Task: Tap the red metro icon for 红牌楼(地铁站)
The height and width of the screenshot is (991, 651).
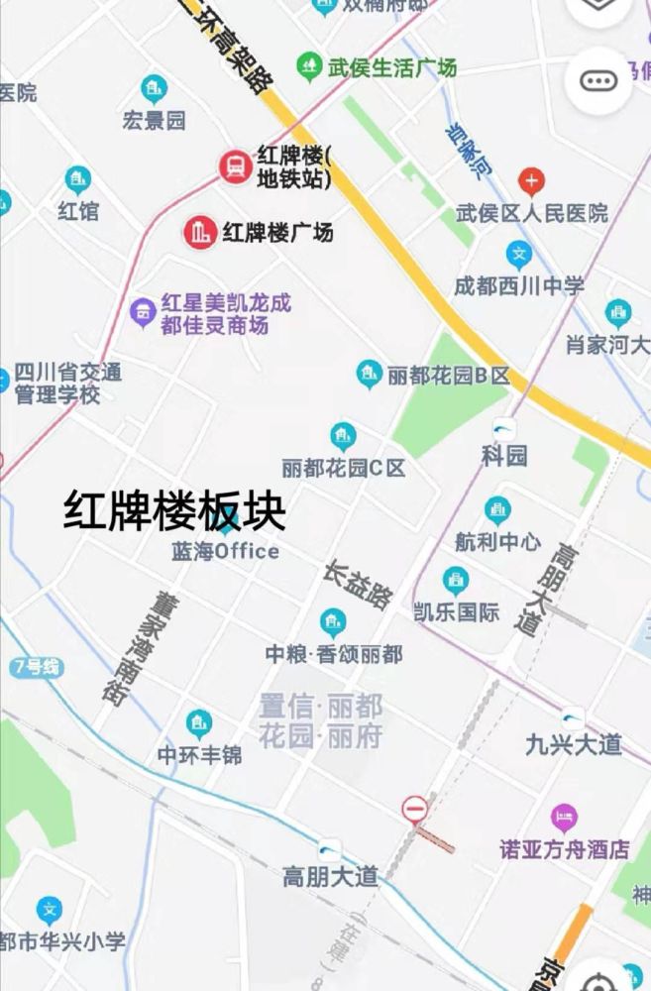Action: pyautogui.click(x=236, y=166)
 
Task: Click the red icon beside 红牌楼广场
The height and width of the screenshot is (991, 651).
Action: pyautogui.click(x=200, y=233)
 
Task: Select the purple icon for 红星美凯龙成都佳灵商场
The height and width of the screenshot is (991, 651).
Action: pyautogui.click(x=144, y=313)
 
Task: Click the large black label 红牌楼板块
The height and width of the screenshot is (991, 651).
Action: pyautogui.click(x=174, y=511)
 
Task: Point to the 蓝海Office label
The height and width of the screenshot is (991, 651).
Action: pyautogui.click(x=226, y=551)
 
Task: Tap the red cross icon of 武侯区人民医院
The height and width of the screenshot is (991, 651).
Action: pyautogui.click(x=532, y=181)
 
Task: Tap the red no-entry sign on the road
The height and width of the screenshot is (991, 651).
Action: pyautogui.click(x=415, y=809)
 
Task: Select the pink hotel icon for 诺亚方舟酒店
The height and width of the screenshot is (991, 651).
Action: pyautogui.click(x=565, y=819)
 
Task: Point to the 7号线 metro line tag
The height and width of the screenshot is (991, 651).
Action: pyautogui.click(x=38, y=667)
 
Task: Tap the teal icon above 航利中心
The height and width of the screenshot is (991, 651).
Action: pyautogui.click(x=497, y=510)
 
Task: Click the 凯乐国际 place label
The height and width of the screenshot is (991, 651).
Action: pyautogui.click(x=457, y=611)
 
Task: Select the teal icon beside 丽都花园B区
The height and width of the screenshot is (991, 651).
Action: pyautogui.click(x=370, y=375)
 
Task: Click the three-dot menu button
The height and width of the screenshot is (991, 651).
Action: pyautogui.click(x=598, y=81)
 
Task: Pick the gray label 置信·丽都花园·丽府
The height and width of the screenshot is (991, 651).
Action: pyautogui.click(x=320, y=721)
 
